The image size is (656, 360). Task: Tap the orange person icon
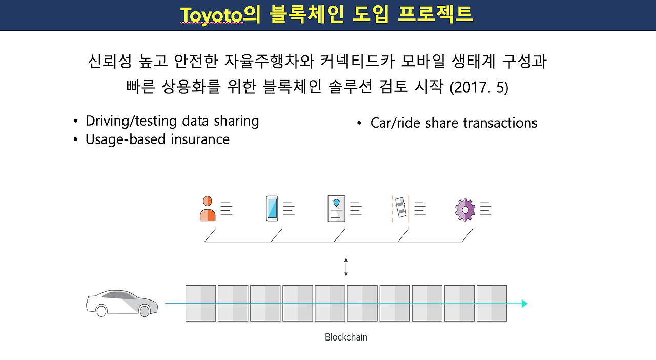point(208,208)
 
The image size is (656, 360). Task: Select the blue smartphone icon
point(272,208)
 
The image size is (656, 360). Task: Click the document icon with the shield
point(336,209)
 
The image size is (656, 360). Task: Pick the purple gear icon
point(465,210)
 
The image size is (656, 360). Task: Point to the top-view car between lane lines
point(401,207)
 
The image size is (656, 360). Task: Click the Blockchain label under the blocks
point(346,337)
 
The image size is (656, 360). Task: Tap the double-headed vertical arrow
point(346,267)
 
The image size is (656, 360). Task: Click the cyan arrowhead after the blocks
point(524,304)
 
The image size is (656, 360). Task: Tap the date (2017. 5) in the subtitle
point(479,87)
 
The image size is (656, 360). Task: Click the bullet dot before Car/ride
point(359,123)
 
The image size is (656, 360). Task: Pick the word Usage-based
point(126,139)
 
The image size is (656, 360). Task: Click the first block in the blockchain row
point(200,303)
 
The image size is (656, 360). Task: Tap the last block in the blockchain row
point(491,303)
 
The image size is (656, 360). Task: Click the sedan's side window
point(119,295)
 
